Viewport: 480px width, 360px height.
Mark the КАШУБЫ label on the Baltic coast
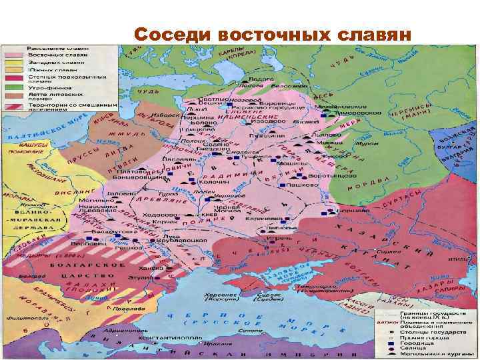(x=32, y=144)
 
